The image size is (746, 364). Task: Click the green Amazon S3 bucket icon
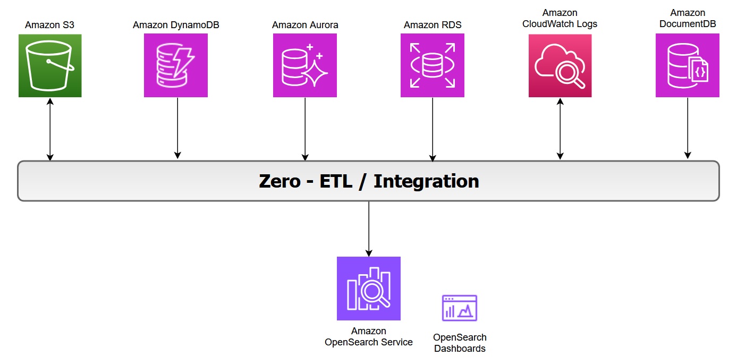coord(50,65)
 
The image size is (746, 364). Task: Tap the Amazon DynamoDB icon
coord(176,65)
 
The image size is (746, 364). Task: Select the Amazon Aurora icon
coord(305,65)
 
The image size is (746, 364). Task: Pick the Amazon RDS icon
coord(433,65)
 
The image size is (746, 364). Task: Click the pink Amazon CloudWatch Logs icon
coord(560,65)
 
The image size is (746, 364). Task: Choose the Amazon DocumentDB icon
coord(688,65)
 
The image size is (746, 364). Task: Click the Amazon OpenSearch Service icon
coord(369,289)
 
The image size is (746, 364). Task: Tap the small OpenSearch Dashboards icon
coord(460,308)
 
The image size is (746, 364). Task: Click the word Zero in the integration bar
coord(279,181)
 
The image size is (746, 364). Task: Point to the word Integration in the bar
coord(426,181)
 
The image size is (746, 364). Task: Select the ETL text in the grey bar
coord(337,181)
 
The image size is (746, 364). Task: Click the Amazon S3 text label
coord(49,25)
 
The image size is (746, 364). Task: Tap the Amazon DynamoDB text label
coord(176,25)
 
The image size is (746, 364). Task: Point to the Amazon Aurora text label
coord(305,25)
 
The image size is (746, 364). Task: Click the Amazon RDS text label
coord(433,25)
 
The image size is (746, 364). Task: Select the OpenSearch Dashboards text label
coord(460,343)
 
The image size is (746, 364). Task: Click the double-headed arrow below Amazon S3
coord(50,129)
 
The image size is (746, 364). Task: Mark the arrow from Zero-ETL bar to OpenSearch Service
coord(369,228)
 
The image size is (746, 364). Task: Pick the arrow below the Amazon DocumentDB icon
coord(688,128)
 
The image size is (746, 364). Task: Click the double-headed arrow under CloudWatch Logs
coord(560,129)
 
